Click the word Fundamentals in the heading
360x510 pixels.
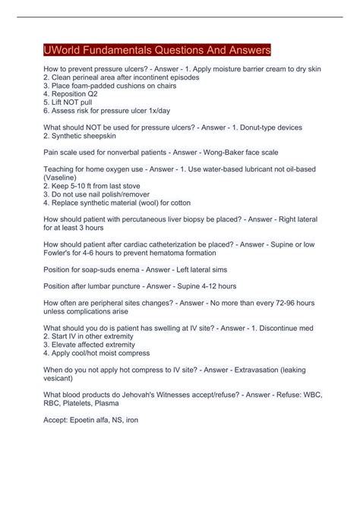(x=130, y=50)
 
